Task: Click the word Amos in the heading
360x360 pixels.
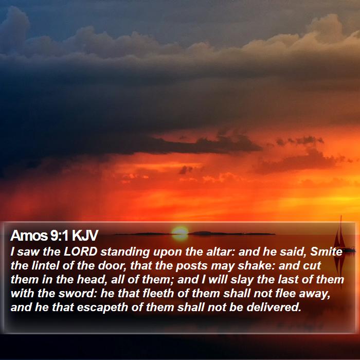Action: (x=28, y=236)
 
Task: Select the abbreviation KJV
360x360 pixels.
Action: (x=85, y=236)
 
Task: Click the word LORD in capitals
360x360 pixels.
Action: (x=81, y=252)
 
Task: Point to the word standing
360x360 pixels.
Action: (x=125, y=253)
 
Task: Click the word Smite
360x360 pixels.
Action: (x=326, y=252)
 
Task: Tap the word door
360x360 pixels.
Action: (x=112, y=266)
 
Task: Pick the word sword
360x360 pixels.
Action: (x=77, y=294)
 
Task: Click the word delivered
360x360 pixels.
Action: (x=274, y=308)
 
